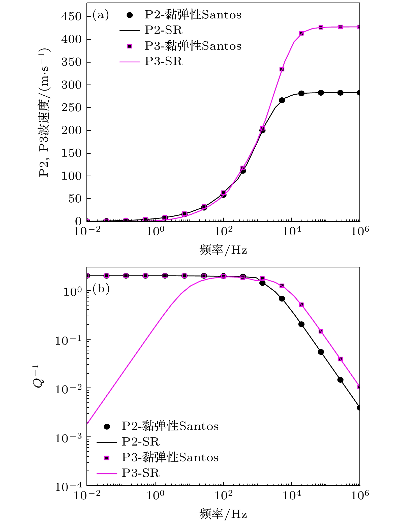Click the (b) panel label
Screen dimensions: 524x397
click(x=101, y=289)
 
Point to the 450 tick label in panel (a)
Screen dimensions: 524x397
click(x=72, y=17)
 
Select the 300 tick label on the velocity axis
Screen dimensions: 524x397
click(x=72, y=85)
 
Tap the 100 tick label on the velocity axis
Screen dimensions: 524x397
click(x=72, y=176)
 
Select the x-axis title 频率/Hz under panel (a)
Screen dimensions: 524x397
click(x=223, y=250)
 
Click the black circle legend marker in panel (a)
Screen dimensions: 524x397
click(x=130, y=15)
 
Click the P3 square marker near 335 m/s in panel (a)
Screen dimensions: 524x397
click(x=282, y=69)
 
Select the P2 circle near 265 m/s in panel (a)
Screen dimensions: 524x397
click(x=282, y=100)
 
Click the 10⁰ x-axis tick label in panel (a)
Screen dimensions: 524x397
click(x=155, y=231)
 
